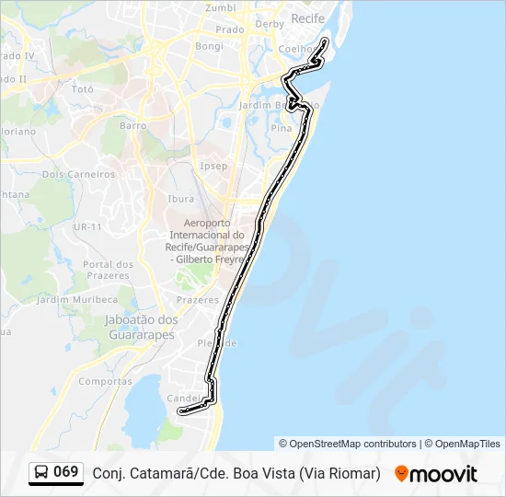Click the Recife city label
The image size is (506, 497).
click(307, 17)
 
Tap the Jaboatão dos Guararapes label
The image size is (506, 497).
click(134, 327)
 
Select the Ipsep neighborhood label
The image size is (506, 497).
click(213, 166)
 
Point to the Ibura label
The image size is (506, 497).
click(180, 198)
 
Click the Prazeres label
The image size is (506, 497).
click(197, 300)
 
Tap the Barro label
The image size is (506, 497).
click(132, 125)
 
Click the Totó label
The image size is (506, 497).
click(83, 89)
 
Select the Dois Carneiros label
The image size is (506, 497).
click(78, 173)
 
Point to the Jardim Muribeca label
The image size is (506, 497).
click(77, 299)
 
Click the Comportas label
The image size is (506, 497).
click(105, 381)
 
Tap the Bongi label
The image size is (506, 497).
click(209, 45)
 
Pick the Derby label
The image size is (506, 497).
click(270, 24)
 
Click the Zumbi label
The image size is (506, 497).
click(220, 7)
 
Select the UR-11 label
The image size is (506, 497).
click(87, 225)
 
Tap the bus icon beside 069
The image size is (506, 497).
click(42, 472)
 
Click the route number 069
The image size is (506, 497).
click(65, 472)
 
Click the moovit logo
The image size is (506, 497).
click(436, 473)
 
